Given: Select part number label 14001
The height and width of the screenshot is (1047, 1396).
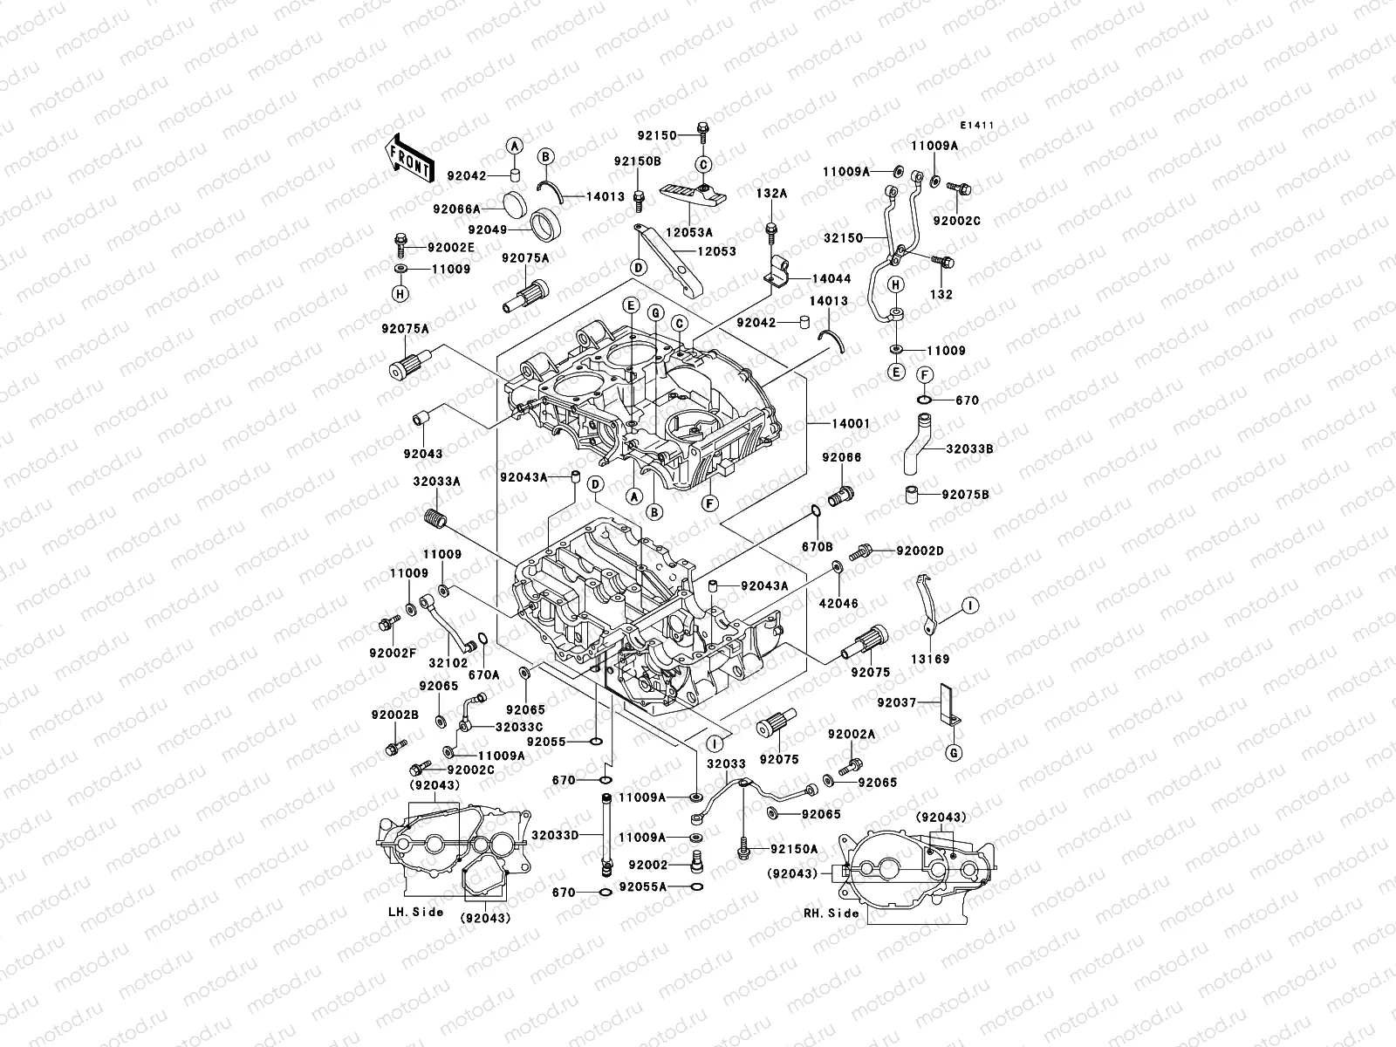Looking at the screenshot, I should pos(850,424).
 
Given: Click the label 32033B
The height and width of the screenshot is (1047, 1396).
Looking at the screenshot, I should pos(970,448).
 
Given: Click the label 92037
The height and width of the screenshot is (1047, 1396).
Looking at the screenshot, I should pos(896,701).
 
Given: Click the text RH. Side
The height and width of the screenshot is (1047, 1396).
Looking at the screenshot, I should pos(831,914).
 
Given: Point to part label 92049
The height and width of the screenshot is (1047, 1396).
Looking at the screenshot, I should pos(487,229).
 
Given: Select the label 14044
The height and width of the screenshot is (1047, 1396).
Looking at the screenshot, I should pos(831,278).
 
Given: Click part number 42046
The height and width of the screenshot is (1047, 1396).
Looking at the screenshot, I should pos(838,603).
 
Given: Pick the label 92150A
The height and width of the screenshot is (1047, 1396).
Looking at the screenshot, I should pos(794,849).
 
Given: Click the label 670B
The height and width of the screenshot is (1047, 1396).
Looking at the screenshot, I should pos(818,546).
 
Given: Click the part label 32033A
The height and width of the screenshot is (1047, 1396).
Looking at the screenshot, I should pos(437,481).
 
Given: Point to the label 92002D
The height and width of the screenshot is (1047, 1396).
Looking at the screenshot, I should pos(920,551).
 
